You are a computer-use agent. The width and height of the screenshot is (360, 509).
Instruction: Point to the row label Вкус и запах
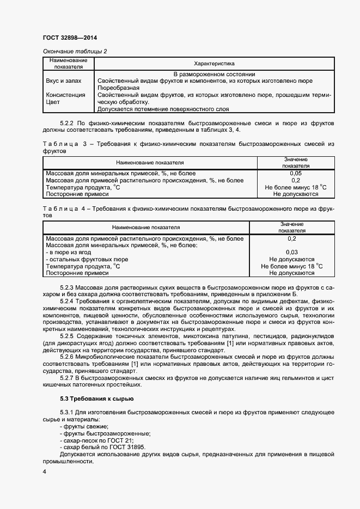[x=64, y=81]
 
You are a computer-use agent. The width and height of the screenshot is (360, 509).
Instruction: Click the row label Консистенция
[x=66, y=95]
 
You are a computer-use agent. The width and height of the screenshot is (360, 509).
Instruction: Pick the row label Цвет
[x=53, y=102]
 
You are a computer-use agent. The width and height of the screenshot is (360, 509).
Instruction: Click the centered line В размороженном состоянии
[x=214, y=74]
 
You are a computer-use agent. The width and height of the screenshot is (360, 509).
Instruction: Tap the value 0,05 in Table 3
[x=296, y=173]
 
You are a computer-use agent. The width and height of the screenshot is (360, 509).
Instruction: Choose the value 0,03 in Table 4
[x=292, y=252]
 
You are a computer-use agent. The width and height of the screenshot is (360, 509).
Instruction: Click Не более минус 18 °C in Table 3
[x=296, y=187]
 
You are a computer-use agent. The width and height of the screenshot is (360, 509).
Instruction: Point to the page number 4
[x=44, y=473]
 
